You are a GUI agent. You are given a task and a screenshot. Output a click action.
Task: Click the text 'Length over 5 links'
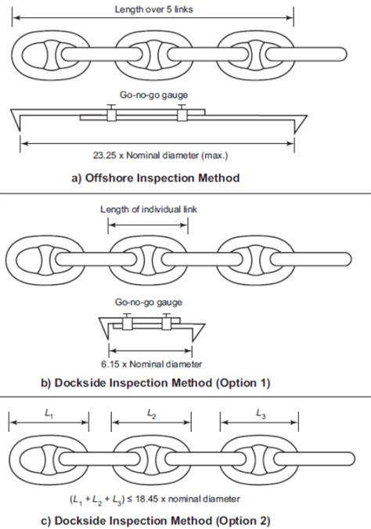coord(153,9)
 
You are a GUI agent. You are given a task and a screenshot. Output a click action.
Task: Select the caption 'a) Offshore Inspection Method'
coord(155,178)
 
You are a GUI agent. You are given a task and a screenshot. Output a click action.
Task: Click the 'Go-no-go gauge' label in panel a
coord(153,95)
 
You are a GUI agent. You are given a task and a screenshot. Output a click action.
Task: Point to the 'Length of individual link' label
coord(149,210)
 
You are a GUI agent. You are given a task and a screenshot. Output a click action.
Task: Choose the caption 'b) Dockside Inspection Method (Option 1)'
coord(156,383)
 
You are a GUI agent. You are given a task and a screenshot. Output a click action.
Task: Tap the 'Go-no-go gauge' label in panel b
coord(149,302)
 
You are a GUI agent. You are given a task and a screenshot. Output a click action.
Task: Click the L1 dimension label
coord(49,414)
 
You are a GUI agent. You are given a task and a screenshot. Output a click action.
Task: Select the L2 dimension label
coord(152,414)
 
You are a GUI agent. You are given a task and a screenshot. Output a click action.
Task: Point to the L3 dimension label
coord(261,414)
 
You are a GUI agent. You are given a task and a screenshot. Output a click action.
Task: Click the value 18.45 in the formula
coord(146,499)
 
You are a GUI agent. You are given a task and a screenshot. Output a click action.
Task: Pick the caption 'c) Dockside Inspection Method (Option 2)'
coord(156,520)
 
